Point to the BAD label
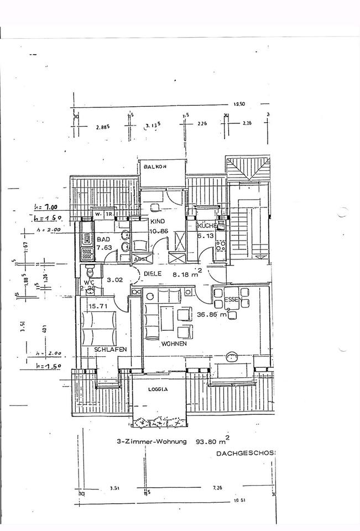pyautogui.click(x=103, y=240)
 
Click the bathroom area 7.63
pyautogui.click(x=104, y=248)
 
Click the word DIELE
pyautogui.click(x=153, y=273)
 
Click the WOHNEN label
pyautogui.click(x=174, y=344)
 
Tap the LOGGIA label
pyautogui.click(x=158, y=389)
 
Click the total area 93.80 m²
pyautogui.click(x=212, y=441)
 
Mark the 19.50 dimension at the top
pyautogui.click(x=239, y=103)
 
